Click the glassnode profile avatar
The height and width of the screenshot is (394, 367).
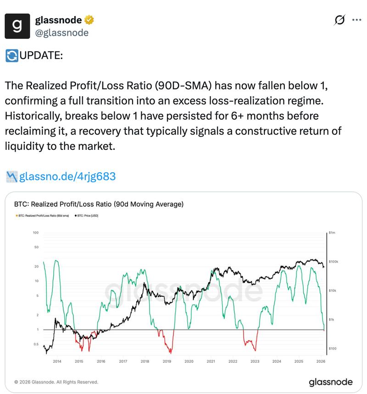click(17, 26)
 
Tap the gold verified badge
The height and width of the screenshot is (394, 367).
click(89, 20)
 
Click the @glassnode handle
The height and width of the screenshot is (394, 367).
click(62, 33)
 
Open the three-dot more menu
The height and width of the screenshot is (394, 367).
click(356, 20)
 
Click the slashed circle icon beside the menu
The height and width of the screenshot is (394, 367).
click(340, 20)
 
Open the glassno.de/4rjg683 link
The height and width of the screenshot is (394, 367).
click(67, 176)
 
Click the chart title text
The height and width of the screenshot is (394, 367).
click(99, 204)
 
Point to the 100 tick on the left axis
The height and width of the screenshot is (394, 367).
click(36, 233)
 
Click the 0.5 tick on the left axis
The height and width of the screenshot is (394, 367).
click(36, 344)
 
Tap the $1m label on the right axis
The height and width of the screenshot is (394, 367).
click(333, 233)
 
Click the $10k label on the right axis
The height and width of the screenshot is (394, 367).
click(334, 290)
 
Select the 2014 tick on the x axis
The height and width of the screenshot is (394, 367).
click(57, 361)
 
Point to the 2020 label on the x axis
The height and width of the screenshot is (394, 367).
click(189, 361)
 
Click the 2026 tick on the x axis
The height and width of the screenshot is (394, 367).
click(321, 361)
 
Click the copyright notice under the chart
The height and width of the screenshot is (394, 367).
click(56, 382)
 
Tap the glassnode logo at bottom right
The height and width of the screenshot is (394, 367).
click(330, 382)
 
